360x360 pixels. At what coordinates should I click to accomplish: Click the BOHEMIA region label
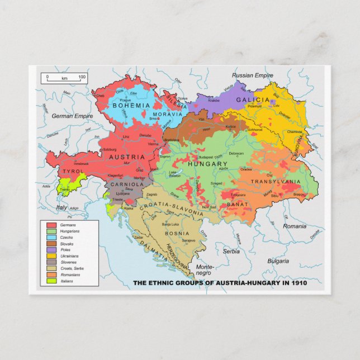point(131,105)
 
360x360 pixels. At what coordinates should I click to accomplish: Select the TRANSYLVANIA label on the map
point(275,182)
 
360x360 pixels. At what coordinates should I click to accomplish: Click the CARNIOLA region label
point(128,184)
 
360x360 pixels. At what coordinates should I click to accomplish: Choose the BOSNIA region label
point(177,233)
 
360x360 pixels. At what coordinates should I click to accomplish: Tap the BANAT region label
point(238,205)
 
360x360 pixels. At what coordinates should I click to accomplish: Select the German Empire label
point(72,116)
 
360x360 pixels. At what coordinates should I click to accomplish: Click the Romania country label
point(295,226)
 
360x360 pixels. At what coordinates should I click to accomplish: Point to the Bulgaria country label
point(278,261)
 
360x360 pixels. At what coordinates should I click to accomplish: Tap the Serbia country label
point(231,252)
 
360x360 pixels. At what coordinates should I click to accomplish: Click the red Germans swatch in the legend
point(51,225)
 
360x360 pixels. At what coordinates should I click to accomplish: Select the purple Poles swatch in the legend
point(51,250)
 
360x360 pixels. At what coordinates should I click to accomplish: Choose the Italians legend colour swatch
point(51,281)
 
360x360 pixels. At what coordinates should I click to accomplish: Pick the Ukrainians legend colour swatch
point(51,256)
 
